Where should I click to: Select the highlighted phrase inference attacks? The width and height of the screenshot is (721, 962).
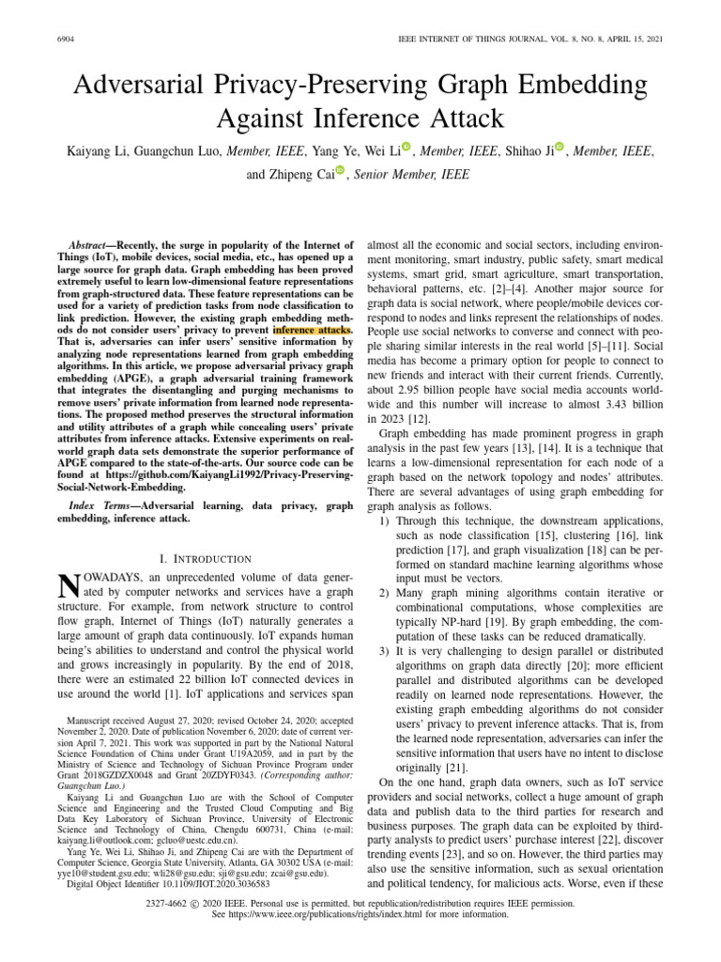tap(313, 330)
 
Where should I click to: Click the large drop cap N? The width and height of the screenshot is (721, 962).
tap(68, 588)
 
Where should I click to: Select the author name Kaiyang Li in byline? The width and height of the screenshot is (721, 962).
tap(102, 149)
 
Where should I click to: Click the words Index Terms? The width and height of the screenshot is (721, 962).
tap(102, 505)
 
